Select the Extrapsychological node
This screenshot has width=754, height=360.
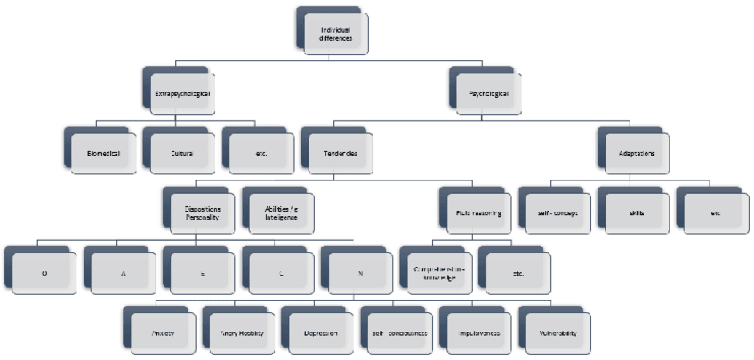click(181, 92)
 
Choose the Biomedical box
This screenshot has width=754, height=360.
click(104, 152)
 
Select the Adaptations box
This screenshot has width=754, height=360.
click(638, 152)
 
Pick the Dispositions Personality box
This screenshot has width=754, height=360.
click(203, 213)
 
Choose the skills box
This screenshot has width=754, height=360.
click(634, 213)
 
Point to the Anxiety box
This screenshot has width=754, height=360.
click(161, 333)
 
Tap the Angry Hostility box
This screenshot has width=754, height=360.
click(240, 333)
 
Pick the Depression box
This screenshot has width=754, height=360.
click(319, 333)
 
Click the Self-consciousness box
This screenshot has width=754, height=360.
click(397, 333)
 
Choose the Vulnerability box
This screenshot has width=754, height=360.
click(556, 333)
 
